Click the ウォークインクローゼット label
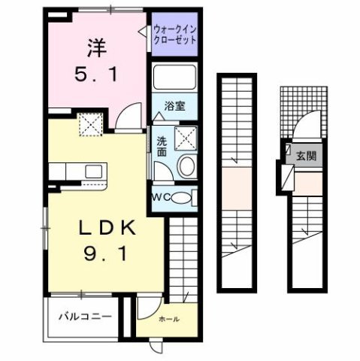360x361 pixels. coord(174,34)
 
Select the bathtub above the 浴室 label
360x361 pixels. coord(175,78)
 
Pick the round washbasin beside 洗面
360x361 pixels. coord(186,167)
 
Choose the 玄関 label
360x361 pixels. coord(305,156)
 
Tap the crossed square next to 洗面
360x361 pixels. coord(186,137)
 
